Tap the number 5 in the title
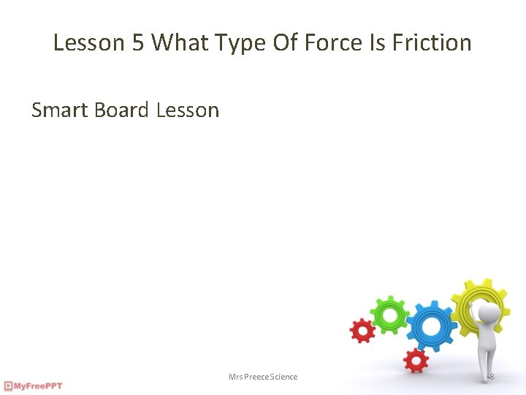coord(138,42)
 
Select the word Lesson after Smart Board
coord(188,110)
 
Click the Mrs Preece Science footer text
coord(263,377)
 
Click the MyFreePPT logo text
coord(39,385)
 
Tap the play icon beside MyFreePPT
coord(8,385)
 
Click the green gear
coord(389,315)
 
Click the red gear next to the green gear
coord(362,331)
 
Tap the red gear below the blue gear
coord(416,359)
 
